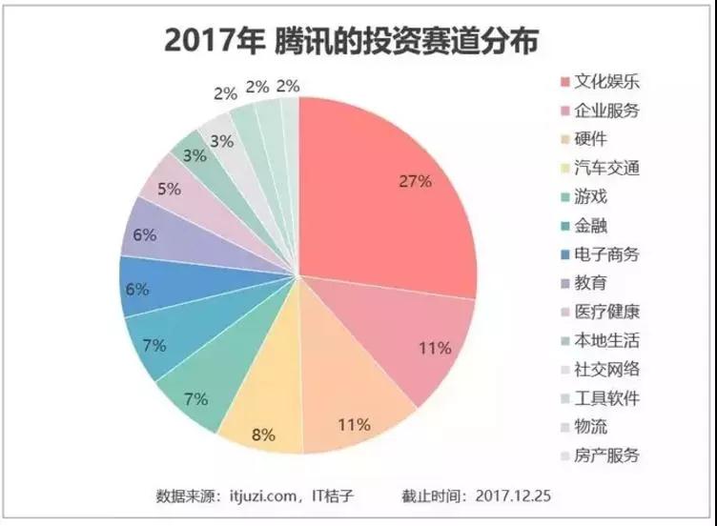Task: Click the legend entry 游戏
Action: pyautogui.click(x=592, y=196)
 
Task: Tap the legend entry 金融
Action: pyautogui.click(x=592, y=225)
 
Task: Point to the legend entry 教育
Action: pyautogui.click(x=592, y=282)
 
